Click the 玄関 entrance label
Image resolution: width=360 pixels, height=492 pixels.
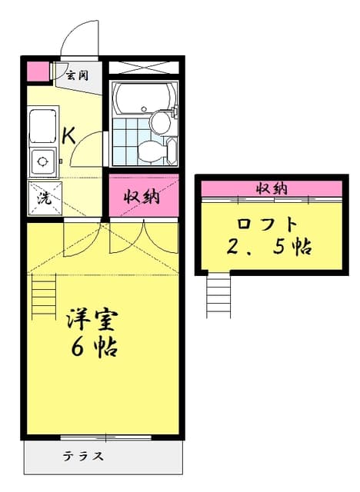(x=77, y=75)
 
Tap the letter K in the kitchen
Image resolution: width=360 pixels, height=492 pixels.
(x=68, y=136)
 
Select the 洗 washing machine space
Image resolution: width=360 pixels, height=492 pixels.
(x=45, y=198)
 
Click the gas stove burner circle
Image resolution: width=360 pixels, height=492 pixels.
(x=42, y=161)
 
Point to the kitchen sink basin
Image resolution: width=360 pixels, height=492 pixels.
(x=43, y=126)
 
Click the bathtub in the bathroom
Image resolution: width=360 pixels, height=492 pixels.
(x=143, y=97)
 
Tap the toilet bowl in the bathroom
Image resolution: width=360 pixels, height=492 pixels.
(x=152, y=152)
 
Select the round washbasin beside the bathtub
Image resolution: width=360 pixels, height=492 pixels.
(x=160, y=122)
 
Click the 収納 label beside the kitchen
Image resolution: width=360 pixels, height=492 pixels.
(x=142, y=197)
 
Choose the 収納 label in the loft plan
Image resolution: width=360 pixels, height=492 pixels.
(x=272, y=189)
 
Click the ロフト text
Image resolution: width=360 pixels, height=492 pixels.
(x=267, y=224)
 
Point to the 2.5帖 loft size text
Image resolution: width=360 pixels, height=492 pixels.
(x=269, y=248)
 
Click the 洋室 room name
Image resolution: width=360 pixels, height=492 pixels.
(x=92, y=320)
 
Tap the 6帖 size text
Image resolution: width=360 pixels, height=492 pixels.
(x=94, y=347)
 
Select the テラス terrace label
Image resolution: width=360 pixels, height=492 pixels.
(x=83, y=456)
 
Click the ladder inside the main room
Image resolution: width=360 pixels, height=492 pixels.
(x=44, y=297)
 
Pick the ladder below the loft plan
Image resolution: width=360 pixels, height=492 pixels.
(x=218, y=295)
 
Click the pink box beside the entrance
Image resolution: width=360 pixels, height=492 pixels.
(x=38, y=71)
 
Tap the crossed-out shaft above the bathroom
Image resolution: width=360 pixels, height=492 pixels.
(x=143, y=68)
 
